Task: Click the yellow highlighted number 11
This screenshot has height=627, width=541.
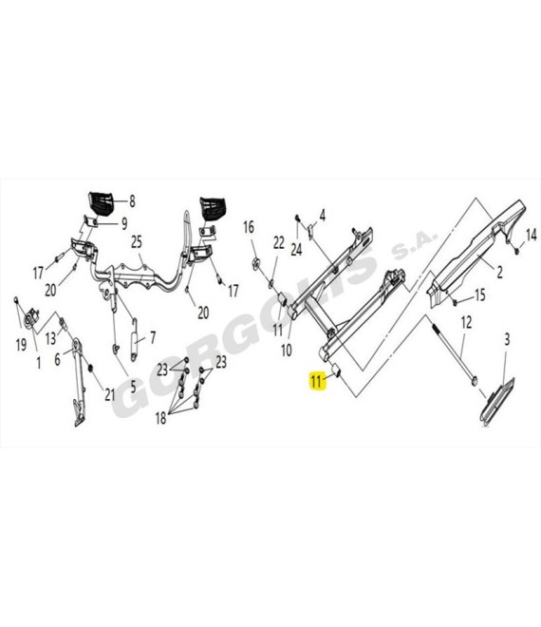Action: point(316,381)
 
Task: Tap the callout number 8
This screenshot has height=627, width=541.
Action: point(132,200)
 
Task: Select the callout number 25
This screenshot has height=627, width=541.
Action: point(137,242)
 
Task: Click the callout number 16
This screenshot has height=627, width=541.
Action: point(249,227)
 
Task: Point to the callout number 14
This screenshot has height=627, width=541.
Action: point(531,236)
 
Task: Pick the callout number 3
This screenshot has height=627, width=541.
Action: point(507,339)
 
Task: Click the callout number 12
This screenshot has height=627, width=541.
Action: point(466,322)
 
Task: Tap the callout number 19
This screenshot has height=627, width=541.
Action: point(21,345)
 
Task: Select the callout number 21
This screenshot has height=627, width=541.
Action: point(110,394)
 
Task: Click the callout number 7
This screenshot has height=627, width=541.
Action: point(153,337)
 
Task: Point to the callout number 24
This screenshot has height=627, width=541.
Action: point(296,250)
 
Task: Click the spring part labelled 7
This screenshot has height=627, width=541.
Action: point(135,340)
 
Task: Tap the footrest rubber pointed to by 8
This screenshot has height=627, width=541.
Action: point(101,204)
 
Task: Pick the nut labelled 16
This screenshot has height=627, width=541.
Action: point(256,263)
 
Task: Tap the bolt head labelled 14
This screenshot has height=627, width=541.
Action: point(516,252)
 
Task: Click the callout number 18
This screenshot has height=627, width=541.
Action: point(160,418)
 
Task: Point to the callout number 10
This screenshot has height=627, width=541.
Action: point(287,351)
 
